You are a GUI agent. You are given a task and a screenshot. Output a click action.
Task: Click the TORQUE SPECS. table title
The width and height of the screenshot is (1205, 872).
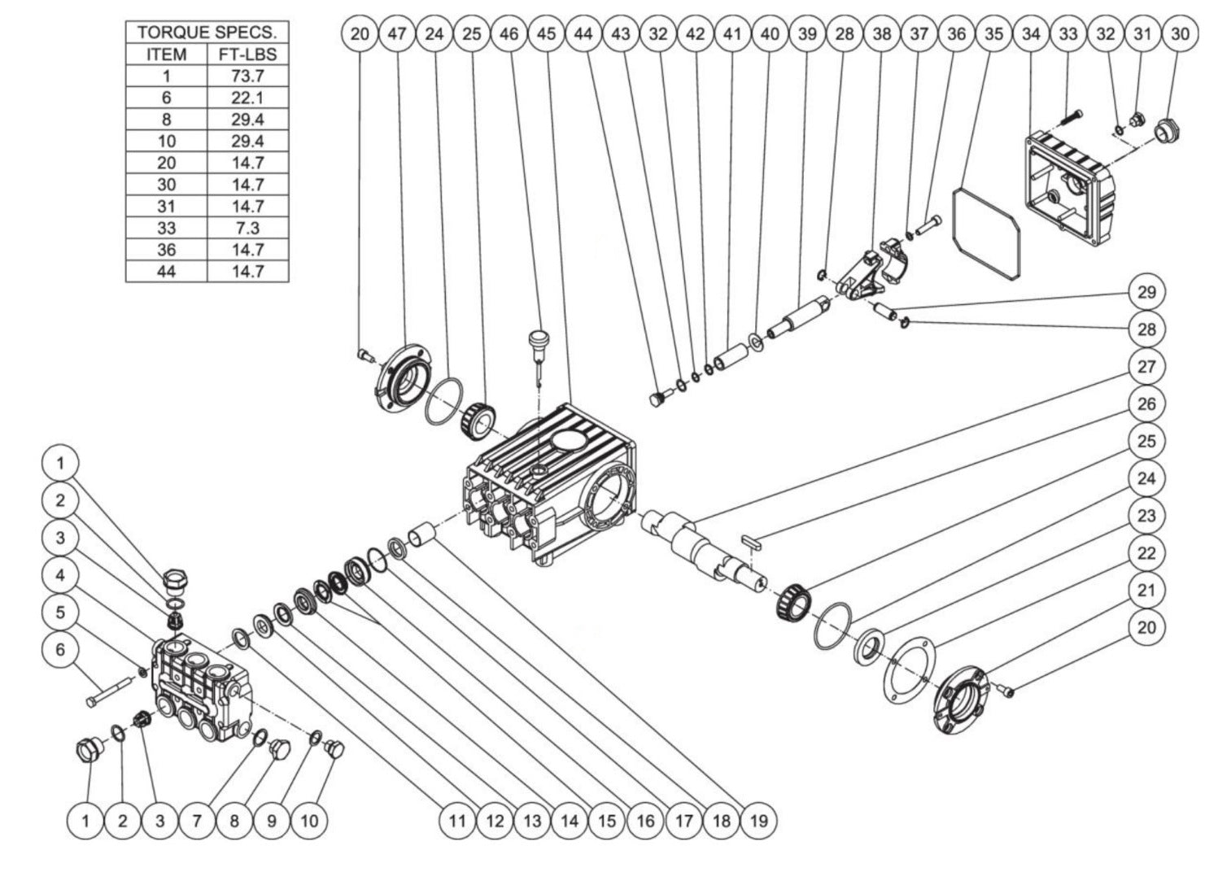207,33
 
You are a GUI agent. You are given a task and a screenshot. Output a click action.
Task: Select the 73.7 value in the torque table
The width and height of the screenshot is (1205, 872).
247,76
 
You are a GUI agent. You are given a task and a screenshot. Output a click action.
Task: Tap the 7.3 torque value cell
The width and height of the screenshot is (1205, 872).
247,228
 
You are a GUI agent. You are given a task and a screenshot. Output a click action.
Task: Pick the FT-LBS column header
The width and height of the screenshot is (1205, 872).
247,54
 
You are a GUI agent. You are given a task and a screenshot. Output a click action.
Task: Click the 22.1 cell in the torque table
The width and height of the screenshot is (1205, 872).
247,98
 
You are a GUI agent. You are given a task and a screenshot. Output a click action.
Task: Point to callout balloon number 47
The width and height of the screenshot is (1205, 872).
397,33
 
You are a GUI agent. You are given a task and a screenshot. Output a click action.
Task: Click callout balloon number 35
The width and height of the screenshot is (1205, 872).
993,33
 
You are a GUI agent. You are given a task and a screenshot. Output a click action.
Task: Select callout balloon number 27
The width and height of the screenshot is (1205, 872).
1146,367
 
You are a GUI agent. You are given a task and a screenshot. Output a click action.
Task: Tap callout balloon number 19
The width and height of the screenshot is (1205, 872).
758,821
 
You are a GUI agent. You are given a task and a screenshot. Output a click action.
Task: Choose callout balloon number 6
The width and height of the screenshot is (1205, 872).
60,650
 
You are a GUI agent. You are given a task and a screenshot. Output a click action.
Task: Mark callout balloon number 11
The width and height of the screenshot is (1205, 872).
458,821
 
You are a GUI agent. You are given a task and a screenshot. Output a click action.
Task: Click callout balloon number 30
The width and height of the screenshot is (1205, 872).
1180,33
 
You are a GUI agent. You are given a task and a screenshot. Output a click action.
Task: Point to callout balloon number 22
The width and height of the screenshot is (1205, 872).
1146,553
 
